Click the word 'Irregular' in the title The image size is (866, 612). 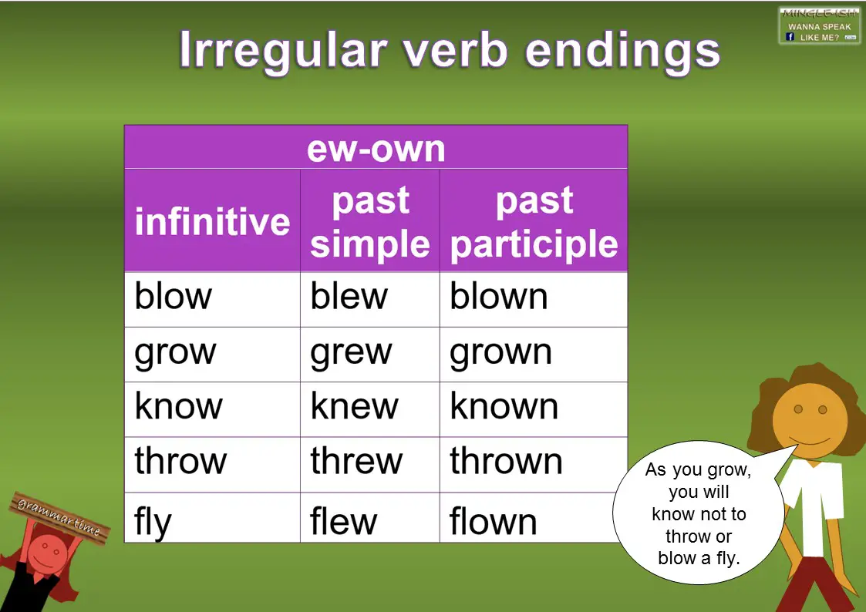pyautogui.click(x=282, y=49)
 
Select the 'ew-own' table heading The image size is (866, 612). pyautogui.click(x=376, y=147)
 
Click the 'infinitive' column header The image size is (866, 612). pyautogui.click(x=212, y=221)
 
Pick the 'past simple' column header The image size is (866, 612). pyautogui.click(x=369, y=222)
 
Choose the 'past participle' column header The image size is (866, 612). pyautogui.click(x=534, y=222)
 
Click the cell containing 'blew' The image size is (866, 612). pyautogui.click(x=369, y=298)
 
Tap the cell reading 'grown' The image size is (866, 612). pyautogui.click(x=533, y=353)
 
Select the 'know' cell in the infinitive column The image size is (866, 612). pyautogui.click(x=212, y=408)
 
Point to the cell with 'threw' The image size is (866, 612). pyautogui.click(x=369, y=462)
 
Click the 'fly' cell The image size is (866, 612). pyautogui.click(x=212, y=520)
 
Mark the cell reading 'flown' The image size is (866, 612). pyautogui.click(x=533, y=520)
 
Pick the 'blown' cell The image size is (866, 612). pyautogui.click(x=533, y=298)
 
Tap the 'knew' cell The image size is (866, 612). pyautogui.click(x=369, y=408)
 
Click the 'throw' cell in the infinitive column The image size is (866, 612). pyautogui.click(x=212, y=462)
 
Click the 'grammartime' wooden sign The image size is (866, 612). pyautogui.click(x=57, y=516)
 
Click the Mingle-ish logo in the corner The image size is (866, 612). pyautogui.click(x=819, y=25)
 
